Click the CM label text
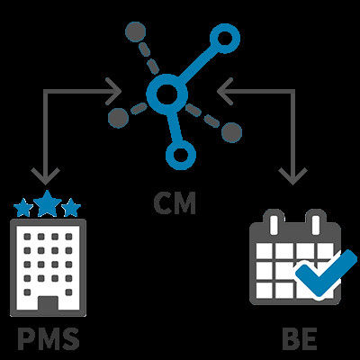coord(175,202)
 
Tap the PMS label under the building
coord(49,339)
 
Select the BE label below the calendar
coord(300,339)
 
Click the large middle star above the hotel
coord(48,202)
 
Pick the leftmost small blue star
coord(23,208)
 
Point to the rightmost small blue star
coord(71,208)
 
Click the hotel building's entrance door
coord(48,303)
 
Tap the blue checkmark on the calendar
coord(327,272)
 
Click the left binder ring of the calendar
coord(273,222)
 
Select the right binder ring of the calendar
coord(316,222)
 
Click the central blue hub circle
coord(166,94)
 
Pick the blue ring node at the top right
coord(224,39)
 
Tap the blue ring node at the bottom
coord(181,155)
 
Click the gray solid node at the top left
coord(135,31)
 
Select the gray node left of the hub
coord(118,118)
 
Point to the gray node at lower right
coord(231,132)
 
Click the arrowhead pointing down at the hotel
coord(46,175)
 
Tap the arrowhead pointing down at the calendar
coord(292,175)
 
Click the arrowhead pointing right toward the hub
coord(113,91)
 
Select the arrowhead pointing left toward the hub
coord(225,91)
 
